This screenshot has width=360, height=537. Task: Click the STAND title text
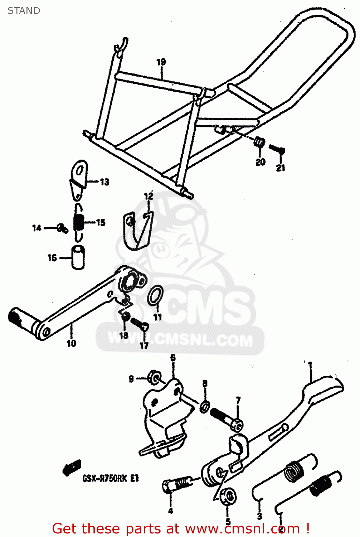click(24, 11)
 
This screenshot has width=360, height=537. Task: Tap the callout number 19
click(161, 62)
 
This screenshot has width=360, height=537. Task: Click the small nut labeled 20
click(259, 142)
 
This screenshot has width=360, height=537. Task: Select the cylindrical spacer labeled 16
click(78, 257)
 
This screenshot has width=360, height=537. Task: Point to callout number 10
click(72, 343)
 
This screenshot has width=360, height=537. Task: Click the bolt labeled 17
click(139, 324)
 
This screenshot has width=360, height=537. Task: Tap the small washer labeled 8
click(205, 406)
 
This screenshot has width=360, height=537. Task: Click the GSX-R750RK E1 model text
click(111, 478)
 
